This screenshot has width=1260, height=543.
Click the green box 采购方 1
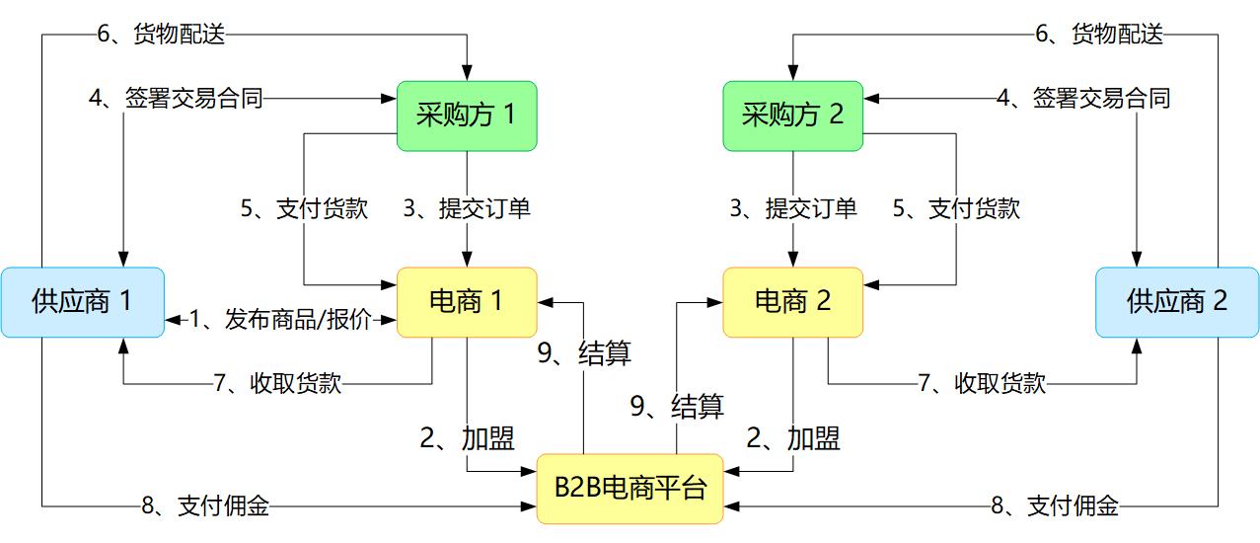click(467, 116)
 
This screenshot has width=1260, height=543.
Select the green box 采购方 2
click(792, 116)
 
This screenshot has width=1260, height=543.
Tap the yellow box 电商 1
click(467, 301)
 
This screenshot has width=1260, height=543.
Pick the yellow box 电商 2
click(792, 301)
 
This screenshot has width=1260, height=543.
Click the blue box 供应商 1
click(82, 302)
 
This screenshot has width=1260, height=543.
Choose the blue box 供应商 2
click(1177, 302)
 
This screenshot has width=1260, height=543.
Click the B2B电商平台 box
click(630, 488)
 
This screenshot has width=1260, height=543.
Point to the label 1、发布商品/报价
click(281, 319)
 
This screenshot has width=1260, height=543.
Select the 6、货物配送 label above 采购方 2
click(1098, 35)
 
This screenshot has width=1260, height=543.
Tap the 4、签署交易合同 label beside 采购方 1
click(176, 98)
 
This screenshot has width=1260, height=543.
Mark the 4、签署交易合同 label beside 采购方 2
click(1082, 98)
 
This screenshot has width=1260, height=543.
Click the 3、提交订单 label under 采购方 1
click(467, 208)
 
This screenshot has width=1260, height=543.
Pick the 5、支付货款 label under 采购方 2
click(956, 208)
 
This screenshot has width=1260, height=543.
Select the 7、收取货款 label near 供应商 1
click(277, 383)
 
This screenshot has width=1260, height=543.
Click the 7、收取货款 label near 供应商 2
click(982, 383)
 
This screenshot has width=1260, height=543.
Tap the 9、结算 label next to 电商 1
click(584, 352)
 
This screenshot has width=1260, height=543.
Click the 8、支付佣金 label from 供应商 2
click(1055, 506)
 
